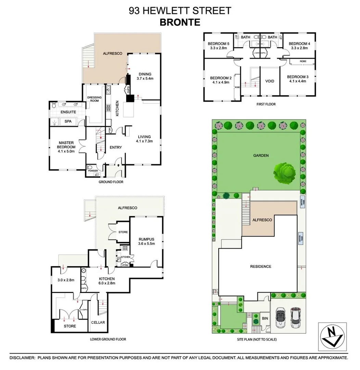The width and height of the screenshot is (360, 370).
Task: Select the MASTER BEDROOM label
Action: (66, 145)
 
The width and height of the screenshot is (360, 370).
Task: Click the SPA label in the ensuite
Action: (68, 121)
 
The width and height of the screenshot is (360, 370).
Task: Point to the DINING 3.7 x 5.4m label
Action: (145, 76)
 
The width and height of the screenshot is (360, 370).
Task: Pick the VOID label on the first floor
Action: (270, 81)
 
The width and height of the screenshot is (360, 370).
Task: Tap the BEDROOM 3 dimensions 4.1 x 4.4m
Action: (297, 81)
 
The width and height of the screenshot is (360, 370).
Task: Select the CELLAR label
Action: (98, 322)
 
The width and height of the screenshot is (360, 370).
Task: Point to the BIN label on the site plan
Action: (265, 318)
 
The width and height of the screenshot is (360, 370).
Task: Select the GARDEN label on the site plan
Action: (261, 155)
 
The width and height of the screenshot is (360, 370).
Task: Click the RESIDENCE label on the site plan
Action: (260, 266)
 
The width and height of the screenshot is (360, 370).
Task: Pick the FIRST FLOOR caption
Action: (266, 104)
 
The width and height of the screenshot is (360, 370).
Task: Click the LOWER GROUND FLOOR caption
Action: (108, 339)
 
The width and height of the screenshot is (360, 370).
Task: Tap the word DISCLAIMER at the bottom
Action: (22, 357)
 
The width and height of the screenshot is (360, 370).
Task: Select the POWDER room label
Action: (92, 171)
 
